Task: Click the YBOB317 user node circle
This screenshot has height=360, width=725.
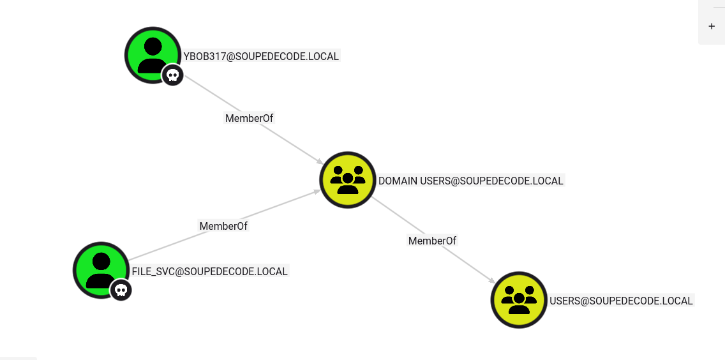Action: pyautogui.click(x=152, y=54)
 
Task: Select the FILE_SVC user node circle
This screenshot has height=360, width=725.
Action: pyautogui.click(x=101, y=269)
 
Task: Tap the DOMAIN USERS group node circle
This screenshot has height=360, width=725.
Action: pyautogui.click(x=347, y=179)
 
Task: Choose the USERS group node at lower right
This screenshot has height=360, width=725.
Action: pyautogui.click(x=519, y=299)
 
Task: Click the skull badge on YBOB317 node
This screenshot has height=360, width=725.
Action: pyautogui.click(x=172, y=75)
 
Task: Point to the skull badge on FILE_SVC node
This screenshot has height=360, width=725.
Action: pyautogui.click(x=121, y=290)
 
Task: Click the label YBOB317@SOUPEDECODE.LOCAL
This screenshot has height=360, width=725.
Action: pyautogui.click(x=261, y=56)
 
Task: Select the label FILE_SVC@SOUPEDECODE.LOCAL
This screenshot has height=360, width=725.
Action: pyautogui.click(x=210, y=271)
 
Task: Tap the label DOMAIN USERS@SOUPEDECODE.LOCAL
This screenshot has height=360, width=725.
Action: pyautogui.click(x=471, y=181)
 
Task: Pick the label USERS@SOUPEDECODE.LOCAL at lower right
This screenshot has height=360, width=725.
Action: pyautogui.click(x=621, y=301)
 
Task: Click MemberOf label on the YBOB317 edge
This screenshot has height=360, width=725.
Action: pyautogui.click(x=249, y=118)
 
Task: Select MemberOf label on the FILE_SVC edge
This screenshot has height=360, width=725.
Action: pyautogui.click(x=223, y=226)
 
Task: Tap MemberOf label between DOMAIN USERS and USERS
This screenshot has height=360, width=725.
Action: pyautogui.click(x=432, y=241)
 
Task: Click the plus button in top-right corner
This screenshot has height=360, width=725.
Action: pyautogui.click(x=712, y=26)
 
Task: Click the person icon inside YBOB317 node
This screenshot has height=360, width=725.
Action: pyautogui.click(x=152, y=54)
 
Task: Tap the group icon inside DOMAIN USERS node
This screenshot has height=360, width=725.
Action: pyautogui.click(x=347, y=179)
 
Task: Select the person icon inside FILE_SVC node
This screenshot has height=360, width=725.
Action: pyautogui.click(x=101, y=269)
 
